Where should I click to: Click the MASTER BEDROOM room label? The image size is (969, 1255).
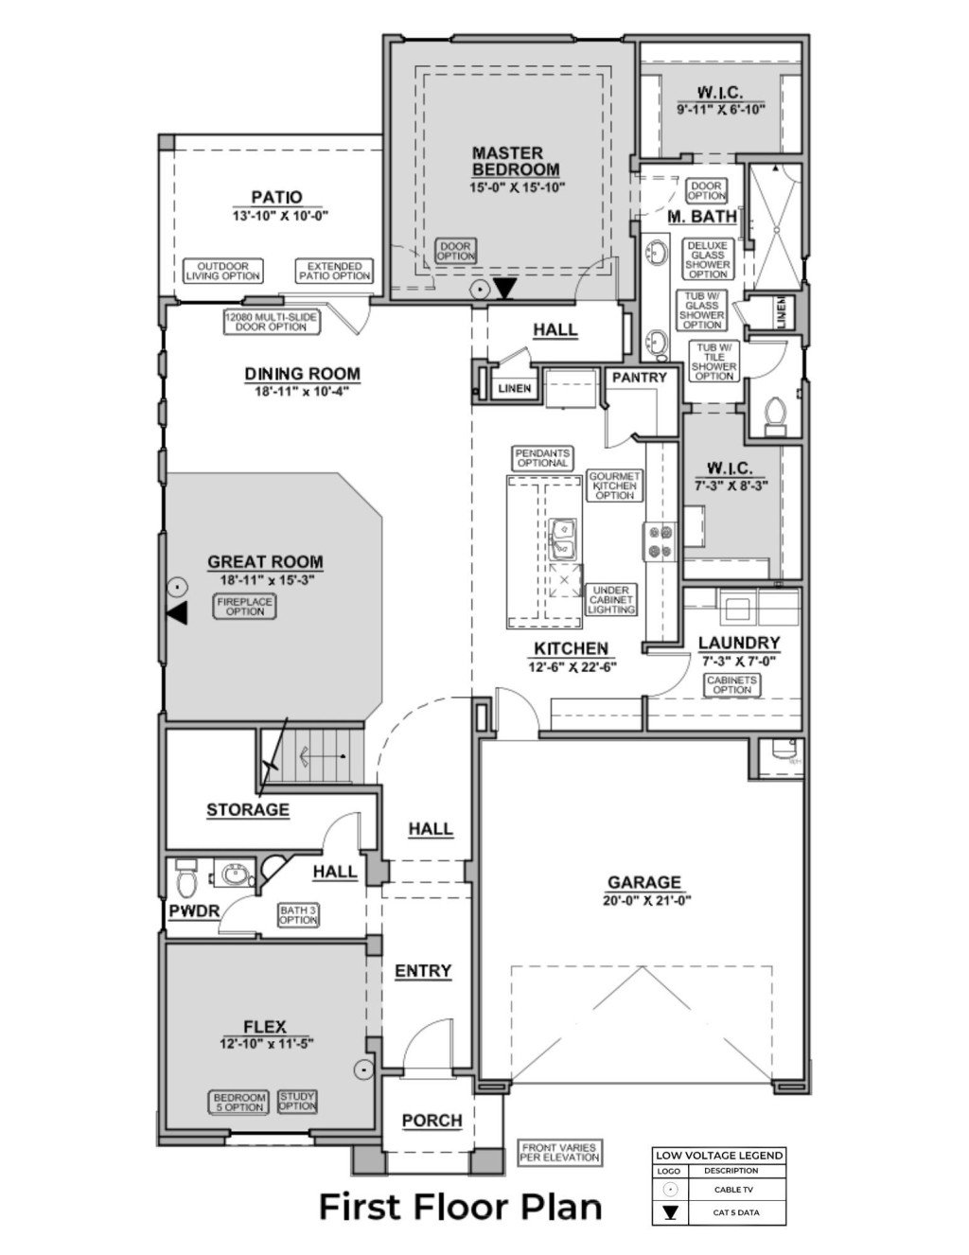507,160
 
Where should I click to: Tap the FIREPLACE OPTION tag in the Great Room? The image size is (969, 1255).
240,607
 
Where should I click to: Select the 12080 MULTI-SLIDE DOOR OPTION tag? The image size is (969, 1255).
272,322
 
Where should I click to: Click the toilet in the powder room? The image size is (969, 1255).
186,881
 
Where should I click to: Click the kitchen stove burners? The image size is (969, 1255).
659,541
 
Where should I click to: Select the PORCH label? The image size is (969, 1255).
432,1121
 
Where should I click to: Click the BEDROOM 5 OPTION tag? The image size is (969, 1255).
239,1103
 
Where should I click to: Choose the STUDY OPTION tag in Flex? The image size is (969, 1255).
297,1101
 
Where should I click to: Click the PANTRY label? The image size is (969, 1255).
640,377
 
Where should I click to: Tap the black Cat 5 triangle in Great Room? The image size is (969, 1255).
177,615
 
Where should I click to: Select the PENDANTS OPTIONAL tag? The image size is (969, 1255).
543,458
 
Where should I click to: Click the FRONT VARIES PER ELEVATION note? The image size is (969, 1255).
560,1152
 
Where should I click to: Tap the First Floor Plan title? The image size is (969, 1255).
460,1208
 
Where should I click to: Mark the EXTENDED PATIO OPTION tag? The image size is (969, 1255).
334,272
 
